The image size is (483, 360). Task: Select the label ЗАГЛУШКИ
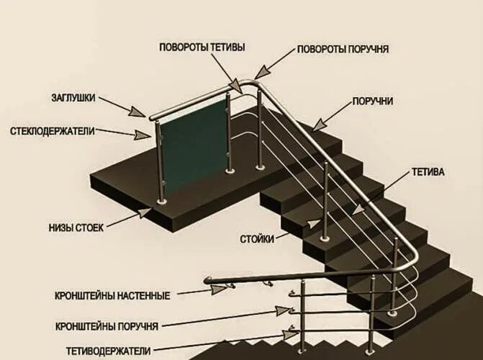(73, 97)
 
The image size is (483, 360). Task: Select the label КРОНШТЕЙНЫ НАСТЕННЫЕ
(112, 296)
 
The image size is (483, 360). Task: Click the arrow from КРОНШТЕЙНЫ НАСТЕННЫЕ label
(198, 291)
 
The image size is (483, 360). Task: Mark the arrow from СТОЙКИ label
(295, 230)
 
